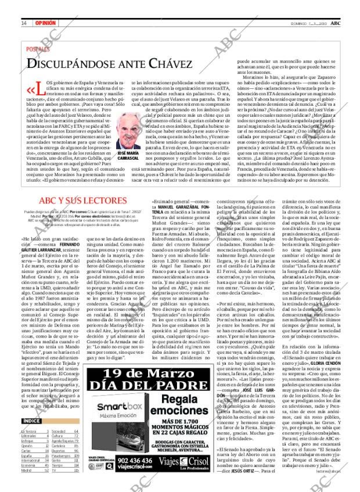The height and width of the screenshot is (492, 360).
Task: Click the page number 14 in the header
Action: (24, 23)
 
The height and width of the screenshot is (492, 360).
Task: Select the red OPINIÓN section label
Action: (45, 23)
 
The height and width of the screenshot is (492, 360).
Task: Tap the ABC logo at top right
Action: (336, 23)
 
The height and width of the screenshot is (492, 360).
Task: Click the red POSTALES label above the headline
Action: (40, 49)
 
